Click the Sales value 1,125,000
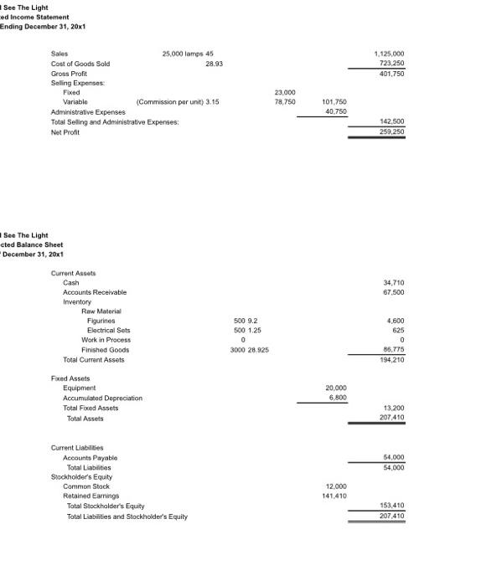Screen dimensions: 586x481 tap(390, 53)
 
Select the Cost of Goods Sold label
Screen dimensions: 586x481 tap(80, 64)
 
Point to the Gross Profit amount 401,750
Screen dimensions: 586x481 tap(393, 74)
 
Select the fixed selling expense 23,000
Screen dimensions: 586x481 tap(286, 91)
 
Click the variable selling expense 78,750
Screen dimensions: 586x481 tap(286, 101)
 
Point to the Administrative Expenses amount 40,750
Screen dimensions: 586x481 tap(335, 111)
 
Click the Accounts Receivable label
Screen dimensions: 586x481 tap(95, 292)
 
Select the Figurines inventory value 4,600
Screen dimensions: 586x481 tap(396, 321)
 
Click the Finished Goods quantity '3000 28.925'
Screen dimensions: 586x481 tap(249, 350)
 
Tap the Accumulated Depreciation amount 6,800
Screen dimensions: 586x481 tap(337, 398)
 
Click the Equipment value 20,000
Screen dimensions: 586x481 tap(335, 388)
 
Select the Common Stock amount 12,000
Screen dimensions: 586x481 tap(335, 486)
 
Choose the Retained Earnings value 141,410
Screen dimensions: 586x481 tap(334, 496)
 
